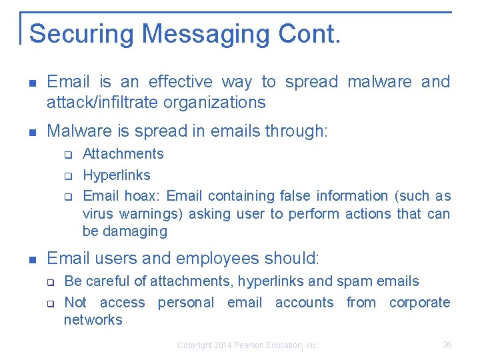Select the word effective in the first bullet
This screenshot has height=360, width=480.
tap(181, 82)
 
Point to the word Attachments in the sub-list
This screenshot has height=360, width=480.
tap(123, 154)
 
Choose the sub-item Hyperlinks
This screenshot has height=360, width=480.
tap(116, 175)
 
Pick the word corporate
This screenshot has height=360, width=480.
tap(420, 303)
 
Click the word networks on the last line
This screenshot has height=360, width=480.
tap(93, 320)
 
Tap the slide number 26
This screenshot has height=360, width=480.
tap(447, 345)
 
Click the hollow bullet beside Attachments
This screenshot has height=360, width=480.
tap(67, 155)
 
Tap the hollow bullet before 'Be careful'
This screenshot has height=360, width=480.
tap(50, 282)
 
